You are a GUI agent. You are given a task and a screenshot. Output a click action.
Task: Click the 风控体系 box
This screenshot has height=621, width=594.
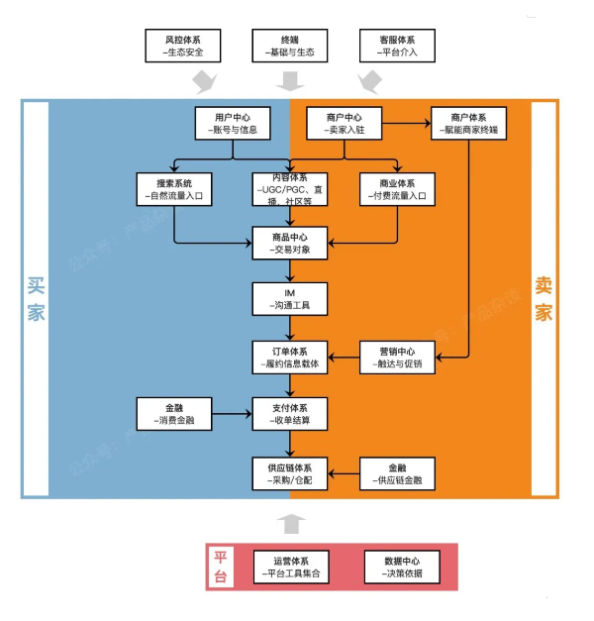pyautogui.click(x=183, y=46)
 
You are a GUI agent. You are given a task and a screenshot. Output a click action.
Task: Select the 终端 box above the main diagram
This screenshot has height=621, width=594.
pyautogui.click(x=290, y=46)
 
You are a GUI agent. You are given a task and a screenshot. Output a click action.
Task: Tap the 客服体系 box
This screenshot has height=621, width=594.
pyautogui.click(x=397, y=46)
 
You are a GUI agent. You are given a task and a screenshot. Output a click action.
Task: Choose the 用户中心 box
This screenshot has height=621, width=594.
pyautogui.click(x=233, y=123)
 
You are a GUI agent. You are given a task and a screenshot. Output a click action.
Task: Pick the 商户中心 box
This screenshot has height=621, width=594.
pyautogui.click(x=345, y=123)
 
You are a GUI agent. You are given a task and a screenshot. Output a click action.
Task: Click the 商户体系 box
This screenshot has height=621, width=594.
pyautogui.click(x=469, y=123)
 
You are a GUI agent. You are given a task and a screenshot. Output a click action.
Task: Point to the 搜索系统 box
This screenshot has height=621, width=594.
pyautogui.click(x=174, y=189)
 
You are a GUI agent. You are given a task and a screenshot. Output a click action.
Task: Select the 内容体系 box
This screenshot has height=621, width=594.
pyautogui.click(x=290, y=189)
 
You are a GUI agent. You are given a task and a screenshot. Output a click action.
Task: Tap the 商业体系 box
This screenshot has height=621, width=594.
pyautogui.click(x=397, y=189)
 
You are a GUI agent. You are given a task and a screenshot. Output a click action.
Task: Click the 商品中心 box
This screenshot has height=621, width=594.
pyautogui.click(x=290, y=244)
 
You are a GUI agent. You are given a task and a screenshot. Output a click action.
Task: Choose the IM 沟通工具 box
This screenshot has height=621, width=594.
pyautogui.click(x=290, y=299)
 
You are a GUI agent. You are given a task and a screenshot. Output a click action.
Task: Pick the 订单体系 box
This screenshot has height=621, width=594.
pyautogui.click(x=290, y=358)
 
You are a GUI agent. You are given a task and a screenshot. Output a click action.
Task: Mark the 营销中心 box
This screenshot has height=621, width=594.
pyautogui.click(x=397, y=358)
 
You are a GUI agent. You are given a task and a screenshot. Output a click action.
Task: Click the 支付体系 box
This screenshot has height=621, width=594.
pyautogui.click(x=290, y=414)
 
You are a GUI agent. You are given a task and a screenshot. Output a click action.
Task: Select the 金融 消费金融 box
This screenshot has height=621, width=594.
pyautogui.click(x=174, y=414)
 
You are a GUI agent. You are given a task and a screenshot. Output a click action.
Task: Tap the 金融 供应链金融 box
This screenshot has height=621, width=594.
pyautogui.click(x=397, y=473)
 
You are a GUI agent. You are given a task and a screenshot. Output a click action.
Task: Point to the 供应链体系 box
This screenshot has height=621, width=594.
pyautogui.click(x=290, y=473)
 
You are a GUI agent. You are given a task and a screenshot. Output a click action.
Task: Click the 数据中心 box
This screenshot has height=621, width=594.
pyautogui.click(x=402, y=567)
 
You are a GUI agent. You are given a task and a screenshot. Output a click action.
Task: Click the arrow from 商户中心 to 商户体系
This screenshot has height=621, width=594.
pyautogui.click(x=406, y=123)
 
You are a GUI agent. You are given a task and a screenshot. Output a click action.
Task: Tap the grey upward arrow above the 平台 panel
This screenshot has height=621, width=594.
pyautogui.click(x=291, y=524)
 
